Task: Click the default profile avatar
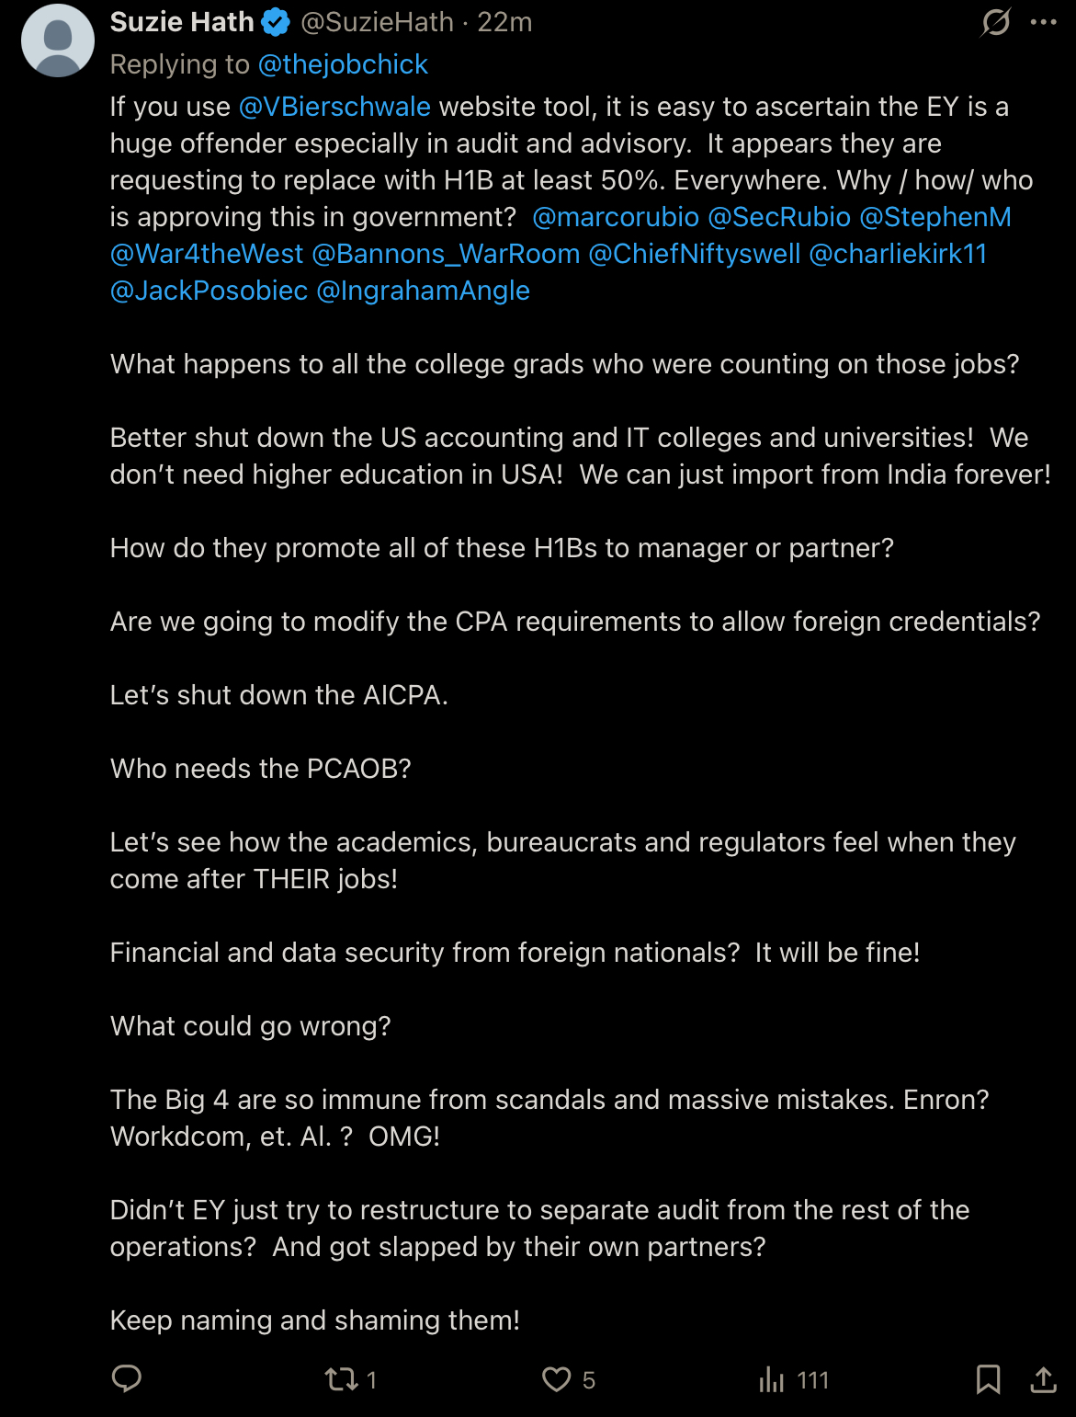click(57, 40)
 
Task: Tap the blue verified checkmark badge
click(276, 22)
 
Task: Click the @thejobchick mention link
click(343, 64)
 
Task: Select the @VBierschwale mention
click(334, 107)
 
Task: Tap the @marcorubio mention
click(616, 217)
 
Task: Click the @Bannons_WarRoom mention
click(446, 254)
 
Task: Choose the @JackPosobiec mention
click(209, 291)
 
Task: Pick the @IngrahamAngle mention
click(423, 291)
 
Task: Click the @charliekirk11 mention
click(898, 254)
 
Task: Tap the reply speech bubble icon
click(126, 1378)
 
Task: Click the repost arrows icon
click(341, 1379)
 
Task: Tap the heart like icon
click(556, 1379)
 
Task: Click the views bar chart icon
click(772, 1379)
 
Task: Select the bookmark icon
click(988, 1379)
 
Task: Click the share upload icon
click(1043, 1379)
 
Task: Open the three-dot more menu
click(1044, 22)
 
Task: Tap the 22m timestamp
click(504, 22)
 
